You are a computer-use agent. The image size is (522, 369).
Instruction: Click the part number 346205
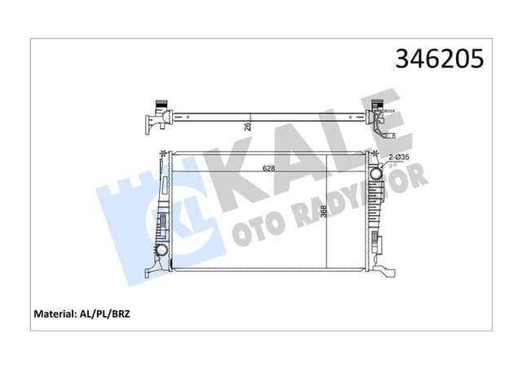439,59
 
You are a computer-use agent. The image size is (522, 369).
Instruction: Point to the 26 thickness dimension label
247,125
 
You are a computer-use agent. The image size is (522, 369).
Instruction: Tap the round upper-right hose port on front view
376,173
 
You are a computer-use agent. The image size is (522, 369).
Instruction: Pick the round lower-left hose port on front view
161,249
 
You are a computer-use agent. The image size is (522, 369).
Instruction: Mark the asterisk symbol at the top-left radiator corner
165,153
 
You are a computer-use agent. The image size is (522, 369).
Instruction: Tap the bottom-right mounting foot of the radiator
384,267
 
